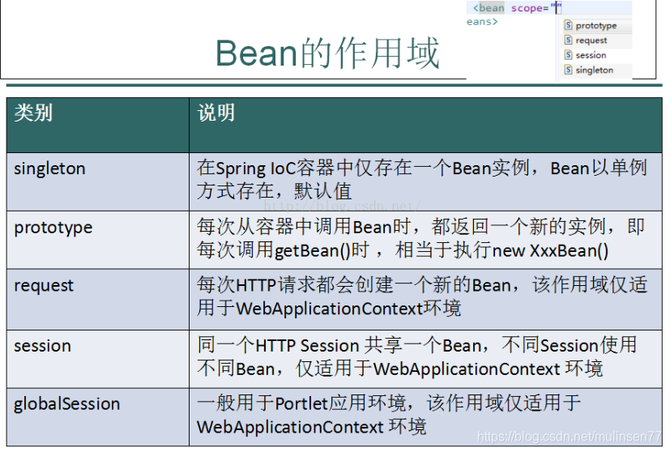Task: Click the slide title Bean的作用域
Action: click(x=327, y=53)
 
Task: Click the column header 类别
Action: click(x=33, y=113)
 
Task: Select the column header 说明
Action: click(x=216, y=113)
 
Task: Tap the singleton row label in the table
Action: click(x=49, y=168)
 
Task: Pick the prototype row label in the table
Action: click(x=53, y=228)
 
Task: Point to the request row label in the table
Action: click(x=44, y=286)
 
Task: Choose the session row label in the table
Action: click(x=42, y=346)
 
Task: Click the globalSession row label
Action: click(x=66, y=404)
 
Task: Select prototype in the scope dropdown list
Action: click(x=596, y=26)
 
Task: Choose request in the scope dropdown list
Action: click(x=591, y=41)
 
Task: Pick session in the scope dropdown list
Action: click(x=591, y=55)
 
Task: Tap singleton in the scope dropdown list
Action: click(x=595, y=70)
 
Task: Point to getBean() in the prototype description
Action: click(x=313, y=251)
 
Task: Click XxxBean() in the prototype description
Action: click(x=570, y=251)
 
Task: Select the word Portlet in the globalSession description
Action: click(x=301, y=403)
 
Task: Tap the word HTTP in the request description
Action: click(x=255, y=285)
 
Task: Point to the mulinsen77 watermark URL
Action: click(x=569, y=436)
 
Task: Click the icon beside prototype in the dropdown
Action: click(x=568, y=25)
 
